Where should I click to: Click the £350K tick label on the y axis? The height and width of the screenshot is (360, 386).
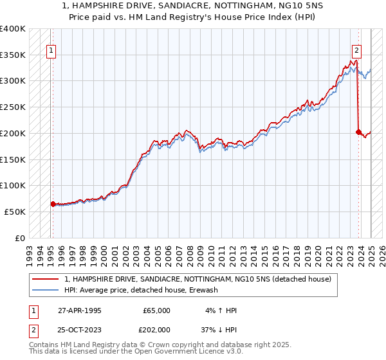[14, 55]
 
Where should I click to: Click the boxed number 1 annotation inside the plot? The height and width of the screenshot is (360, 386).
[51, 52]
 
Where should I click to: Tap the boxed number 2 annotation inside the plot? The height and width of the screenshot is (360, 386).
[356, 52]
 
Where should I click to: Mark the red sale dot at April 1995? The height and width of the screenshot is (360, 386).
[53, 204]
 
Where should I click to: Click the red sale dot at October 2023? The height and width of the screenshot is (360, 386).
[358, 132]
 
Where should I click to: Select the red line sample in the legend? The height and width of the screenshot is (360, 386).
[46, 279]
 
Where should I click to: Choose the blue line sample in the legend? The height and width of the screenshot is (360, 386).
[46, 290]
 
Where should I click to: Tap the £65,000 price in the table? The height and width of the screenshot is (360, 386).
[156, 310]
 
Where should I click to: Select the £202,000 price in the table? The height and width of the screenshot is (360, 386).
[156, 330]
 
